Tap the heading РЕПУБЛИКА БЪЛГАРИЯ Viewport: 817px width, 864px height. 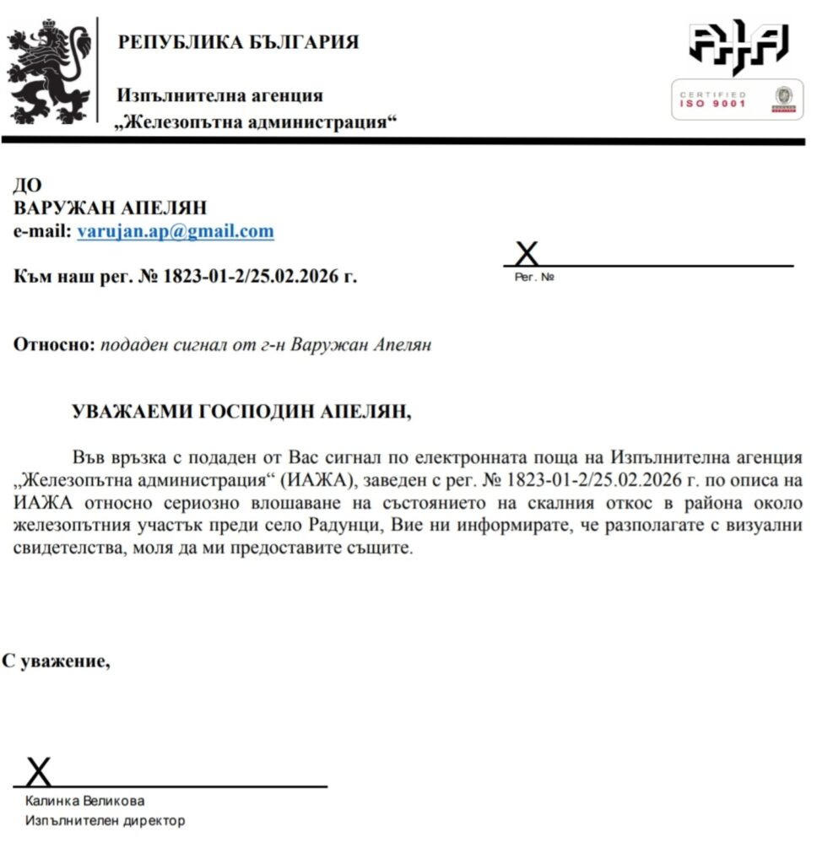(x=238, y=42)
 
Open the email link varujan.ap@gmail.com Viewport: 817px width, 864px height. (x=176, y=231)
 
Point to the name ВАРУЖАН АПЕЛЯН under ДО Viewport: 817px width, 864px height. (x=110, y=208)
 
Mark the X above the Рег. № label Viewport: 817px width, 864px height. (x=527, y=253)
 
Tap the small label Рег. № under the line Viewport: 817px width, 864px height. (x=534, y=277)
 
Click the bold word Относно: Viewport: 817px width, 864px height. (x=55, y=345)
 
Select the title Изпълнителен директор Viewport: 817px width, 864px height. (x=105, y=820)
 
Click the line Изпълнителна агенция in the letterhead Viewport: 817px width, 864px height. (x=220, y=96)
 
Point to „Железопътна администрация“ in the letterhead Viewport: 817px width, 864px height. (x=257, y=122)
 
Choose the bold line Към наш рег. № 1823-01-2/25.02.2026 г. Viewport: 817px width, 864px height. (x=186, y=276)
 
